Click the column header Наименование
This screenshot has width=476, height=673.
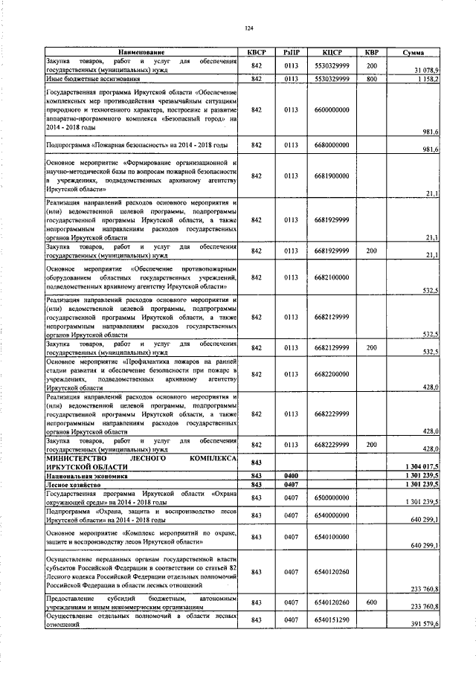click(141, 53)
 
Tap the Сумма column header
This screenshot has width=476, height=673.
click(414, 53)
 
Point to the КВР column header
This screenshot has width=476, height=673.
click(371, 53)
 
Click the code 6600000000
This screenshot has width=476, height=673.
click(332, 109)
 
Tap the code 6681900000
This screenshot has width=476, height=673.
click(332, 176)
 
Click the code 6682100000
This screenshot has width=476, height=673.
click(332, 277)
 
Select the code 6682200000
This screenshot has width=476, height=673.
click(332, 374)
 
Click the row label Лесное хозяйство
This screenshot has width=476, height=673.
click(73, 483)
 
